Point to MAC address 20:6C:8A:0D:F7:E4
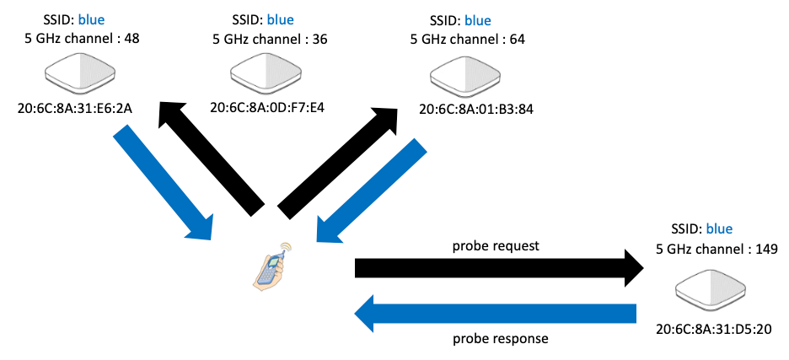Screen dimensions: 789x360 267,107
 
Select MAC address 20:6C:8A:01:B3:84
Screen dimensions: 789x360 475,110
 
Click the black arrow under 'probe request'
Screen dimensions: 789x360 500,268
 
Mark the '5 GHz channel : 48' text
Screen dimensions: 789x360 83,39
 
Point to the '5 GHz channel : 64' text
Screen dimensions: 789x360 468,40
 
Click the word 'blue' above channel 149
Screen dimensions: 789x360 720,229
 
